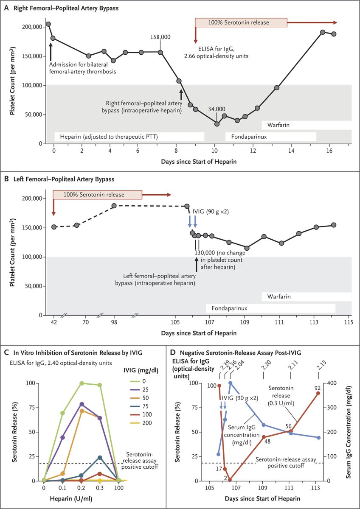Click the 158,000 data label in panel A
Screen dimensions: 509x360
point(160,37)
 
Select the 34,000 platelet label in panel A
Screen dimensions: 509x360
point(217,109)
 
